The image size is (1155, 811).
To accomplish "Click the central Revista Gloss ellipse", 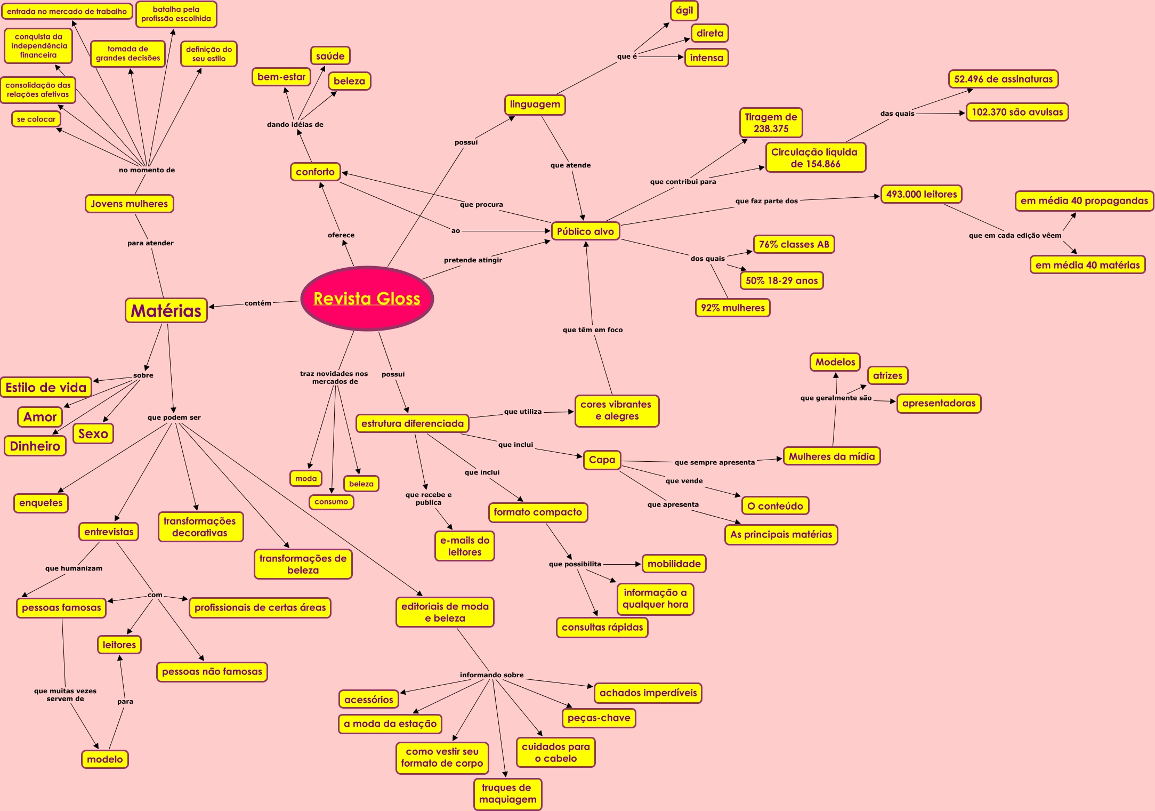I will (x=367, y=299).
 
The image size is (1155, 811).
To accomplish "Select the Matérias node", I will (x=166, y=310).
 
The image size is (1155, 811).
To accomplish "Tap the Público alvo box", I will (x=585, y=231).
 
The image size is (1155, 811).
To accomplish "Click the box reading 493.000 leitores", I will (x=921, y=195).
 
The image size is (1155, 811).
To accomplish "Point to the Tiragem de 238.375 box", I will (x=771, y=123).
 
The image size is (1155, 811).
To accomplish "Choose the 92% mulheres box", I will (x=732, y=308).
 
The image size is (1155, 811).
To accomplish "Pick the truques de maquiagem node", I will (x=507, y=793).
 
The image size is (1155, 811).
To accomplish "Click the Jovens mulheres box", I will (x=129, y=204).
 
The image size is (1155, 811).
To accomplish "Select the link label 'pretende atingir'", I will (x=473, y=260).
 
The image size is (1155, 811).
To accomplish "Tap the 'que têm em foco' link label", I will (x=592, y=330).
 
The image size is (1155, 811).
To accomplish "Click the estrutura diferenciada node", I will (x=413, y=423).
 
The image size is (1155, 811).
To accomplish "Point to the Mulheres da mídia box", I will (x=831, y=456).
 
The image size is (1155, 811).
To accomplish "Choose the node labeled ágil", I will (x=684, y=11).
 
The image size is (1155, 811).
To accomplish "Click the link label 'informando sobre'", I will (x=491, y=675).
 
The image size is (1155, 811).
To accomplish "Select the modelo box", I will (x=104, y=759).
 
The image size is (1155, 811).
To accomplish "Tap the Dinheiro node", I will (x=35, y=446).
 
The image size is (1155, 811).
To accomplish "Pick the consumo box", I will (x=331, y=502).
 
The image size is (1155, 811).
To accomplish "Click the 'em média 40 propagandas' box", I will (x=1084, y=201).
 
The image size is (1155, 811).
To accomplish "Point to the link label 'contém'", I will (x=257, y=303).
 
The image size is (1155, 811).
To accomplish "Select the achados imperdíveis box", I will (x=648, y=693).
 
